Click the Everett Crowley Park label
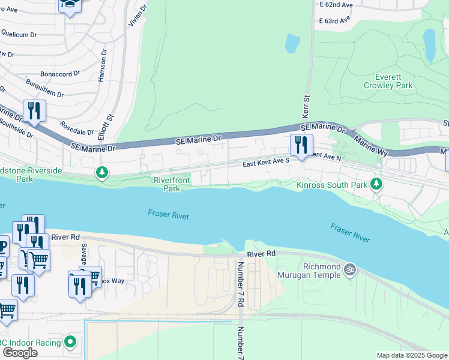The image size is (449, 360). click(388, 81)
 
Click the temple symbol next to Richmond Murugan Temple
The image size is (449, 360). click(351, 271)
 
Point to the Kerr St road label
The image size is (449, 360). click(306, 106)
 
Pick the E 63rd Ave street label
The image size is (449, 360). click(334, 20)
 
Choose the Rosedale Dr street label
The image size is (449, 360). click(77, 128)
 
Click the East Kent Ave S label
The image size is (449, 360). click(266, 163)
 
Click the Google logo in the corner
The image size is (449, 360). click(20, 353)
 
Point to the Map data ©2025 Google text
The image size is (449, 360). click(411, 355)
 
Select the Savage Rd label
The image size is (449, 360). click(85, 257)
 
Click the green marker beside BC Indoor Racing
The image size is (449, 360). click(70, 342)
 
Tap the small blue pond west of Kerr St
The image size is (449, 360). click(292, 43)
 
